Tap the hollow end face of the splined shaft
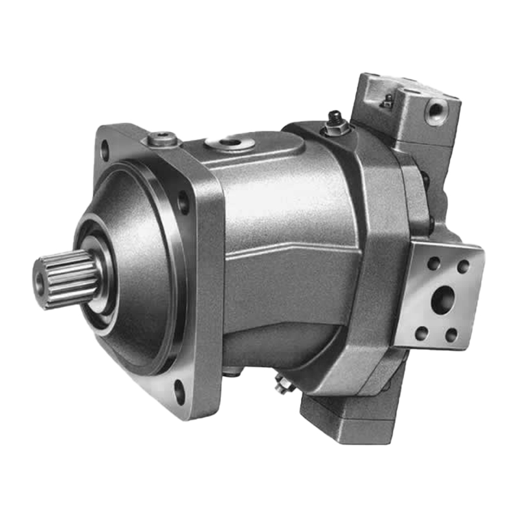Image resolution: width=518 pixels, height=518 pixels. click(41, 280)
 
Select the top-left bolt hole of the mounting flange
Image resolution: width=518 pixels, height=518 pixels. click(105, 153)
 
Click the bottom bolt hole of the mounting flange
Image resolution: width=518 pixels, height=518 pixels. click(179, 390)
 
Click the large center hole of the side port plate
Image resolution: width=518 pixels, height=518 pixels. click(442, 300)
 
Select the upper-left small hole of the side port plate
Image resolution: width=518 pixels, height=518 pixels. click(433, 264)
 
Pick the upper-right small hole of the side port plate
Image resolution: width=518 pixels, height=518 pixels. click(463, 266)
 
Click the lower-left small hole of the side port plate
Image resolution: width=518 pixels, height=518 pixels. click(422, 333)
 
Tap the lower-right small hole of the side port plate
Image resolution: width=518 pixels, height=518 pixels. click(451, 335)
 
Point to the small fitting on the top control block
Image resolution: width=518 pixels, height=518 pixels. click(388, 100)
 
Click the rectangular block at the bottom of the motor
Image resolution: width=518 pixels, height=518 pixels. click(353, 414)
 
